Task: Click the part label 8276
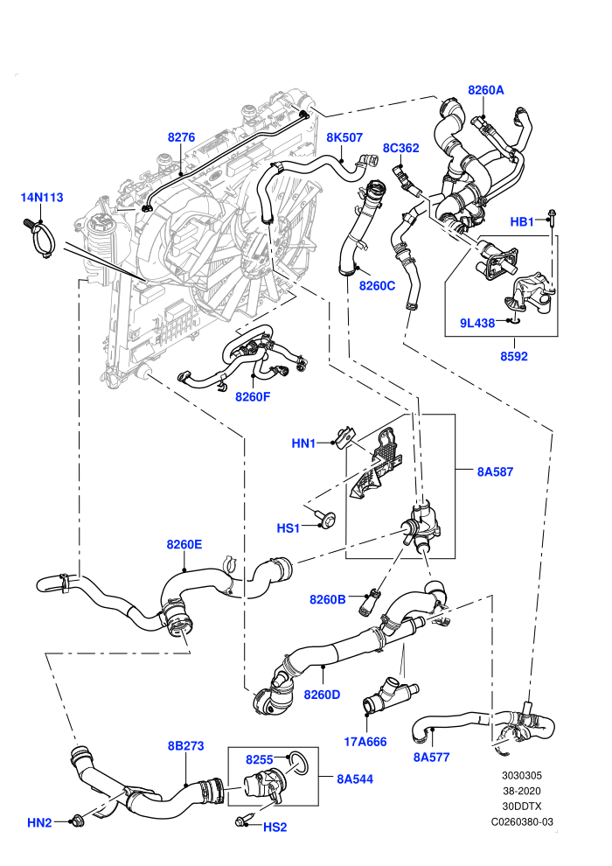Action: tap(181, 137)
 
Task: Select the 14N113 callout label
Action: tap(42, 197)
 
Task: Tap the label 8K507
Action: tap(344, 137)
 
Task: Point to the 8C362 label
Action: tap(401, 148)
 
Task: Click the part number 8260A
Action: tap(485, 90)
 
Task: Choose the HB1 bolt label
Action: tap(521, 222)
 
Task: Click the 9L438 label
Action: tap(477, 323)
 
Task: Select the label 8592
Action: tap(514, 356)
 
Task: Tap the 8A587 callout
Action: tap(495, 471)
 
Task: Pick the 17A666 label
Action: tap(365, 742)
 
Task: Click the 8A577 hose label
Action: tap(432, 758)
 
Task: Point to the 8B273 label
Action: tap(186, 745)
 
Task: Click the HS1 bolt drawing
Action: tap(327, 518)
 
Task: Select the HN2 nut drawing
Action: tap(77, 821)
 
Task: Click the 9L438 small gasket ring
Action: tap(514, 320)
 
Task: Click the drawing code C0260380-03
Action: tap(522, 821)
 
